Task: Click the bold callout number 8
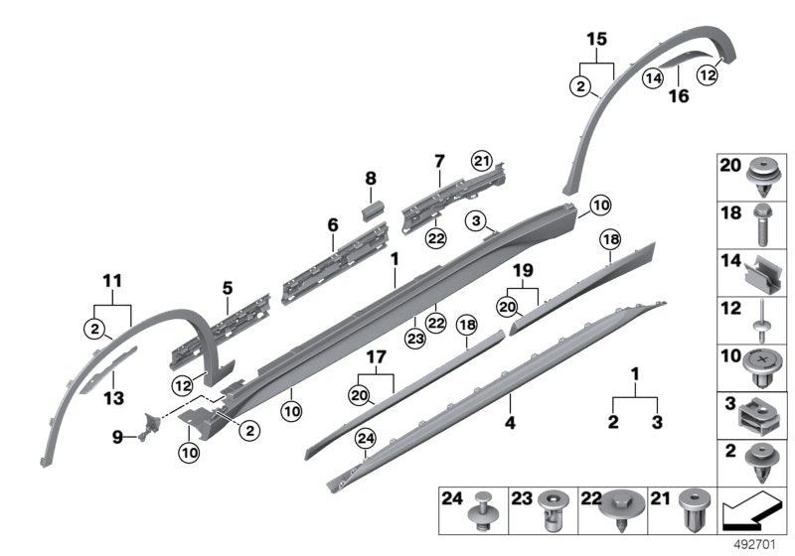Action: pyautogui.click(x=371, y=179)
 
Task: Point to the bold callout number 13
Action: pyautogui.click(x=114, y=397)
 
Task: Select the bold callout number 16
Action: pyautogui.click(x=679, y=95)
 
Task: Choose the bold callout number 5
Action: pyautogui.click(x=228, y=289)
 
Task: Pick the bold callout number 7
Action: pyautogui.click(x=438, y=161)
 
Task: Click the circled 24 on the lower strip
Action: pyautogui.click(x=366, y=436)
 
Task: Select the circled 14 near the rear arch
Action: pyautogui.click(x=652, y=77)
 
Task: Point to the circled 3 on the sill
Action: pyautogui.click(x=477, y=219)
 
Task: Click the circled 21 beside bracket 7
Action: pyautogui.click(x=482, y=162)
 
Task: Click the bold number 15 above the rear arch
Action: pyautogui.click(x=595, y=39)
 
